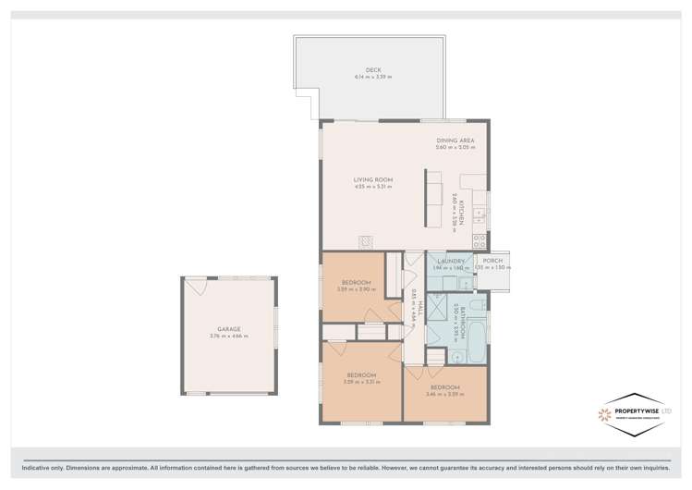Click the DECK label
pos(372,70)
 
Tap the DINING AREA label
pos(455,141)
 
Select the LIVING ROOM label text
pos(372,179)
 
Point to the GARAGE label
pos(228,329)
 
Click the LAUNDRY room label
pos(450,262)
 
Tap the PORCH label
pos(492,262)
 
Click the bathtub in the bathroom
pos(475,343)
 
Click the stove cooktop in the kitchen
pos(480,240)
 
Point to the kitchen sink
pos(480,214)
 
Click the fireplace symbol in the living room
pos(366,241)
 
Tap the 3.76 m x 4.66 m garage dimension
pos(228,337)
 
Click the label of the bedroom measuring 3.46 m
pos(444,387)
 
